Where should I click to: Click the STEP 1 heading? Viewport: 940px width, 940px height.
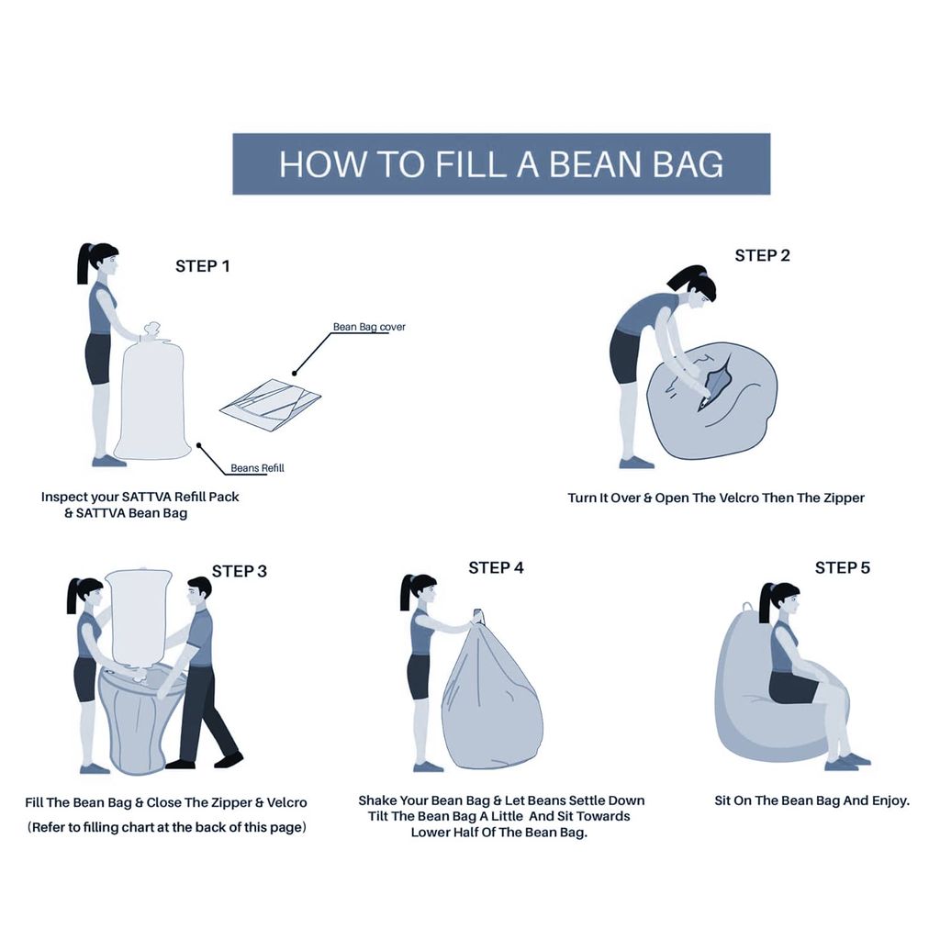point(203,266)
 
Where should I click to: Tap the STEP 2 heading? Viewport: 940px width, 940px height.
point(763,255)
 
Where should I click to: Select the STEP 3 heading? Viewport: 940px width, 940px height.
point(240,571)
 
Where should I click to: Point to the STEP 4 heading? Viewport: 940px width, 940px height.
point(497,567)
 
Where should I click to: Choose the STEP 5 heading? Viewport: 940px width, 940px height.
point(843,567)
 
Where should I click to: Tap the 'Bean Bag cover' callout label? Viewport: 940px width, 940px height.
point(369,327)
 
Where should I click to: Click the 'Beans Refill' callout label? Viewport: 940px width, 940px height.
point(257,468)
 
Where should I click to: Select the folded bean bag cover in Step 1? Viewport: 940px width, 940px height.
point(271,404)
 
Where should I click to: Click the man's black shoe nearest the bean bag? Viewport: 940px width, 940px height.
point(180,765)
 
